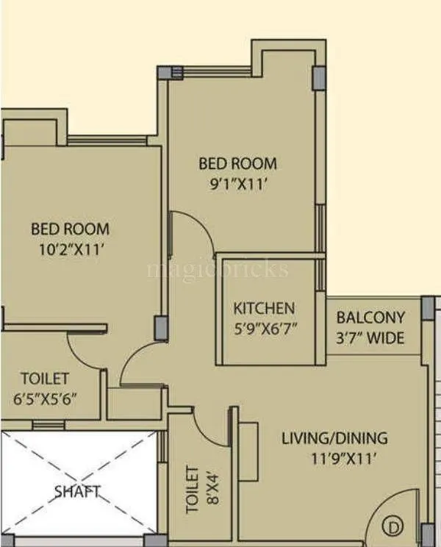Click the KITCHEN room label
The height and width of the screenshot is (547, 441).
click(264, 308)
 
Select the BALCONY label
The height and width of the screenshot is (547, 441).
click(370, 318)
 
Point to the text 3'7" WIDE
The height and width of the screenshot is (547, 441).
click(370, 338)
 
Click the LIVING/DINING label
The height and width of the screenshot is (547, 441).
click(334, 439)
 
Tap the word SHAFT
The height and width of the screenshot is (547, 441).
click(77, 490)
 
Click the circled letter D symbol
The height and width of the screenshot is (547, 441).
click(395, 526)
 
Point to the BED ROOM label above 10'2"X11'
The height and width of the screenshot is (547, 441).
click(70, 229)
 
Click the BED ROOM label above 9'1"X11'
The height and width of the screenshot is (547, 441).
click(238, 163)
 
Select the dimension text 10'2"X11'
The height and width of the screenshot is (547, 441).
click(70, 249)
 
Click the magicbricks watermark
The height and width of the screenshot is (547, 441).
click(218, 269)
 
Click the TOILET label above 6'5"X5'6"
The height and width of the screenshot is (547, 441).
click(44, 379)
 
